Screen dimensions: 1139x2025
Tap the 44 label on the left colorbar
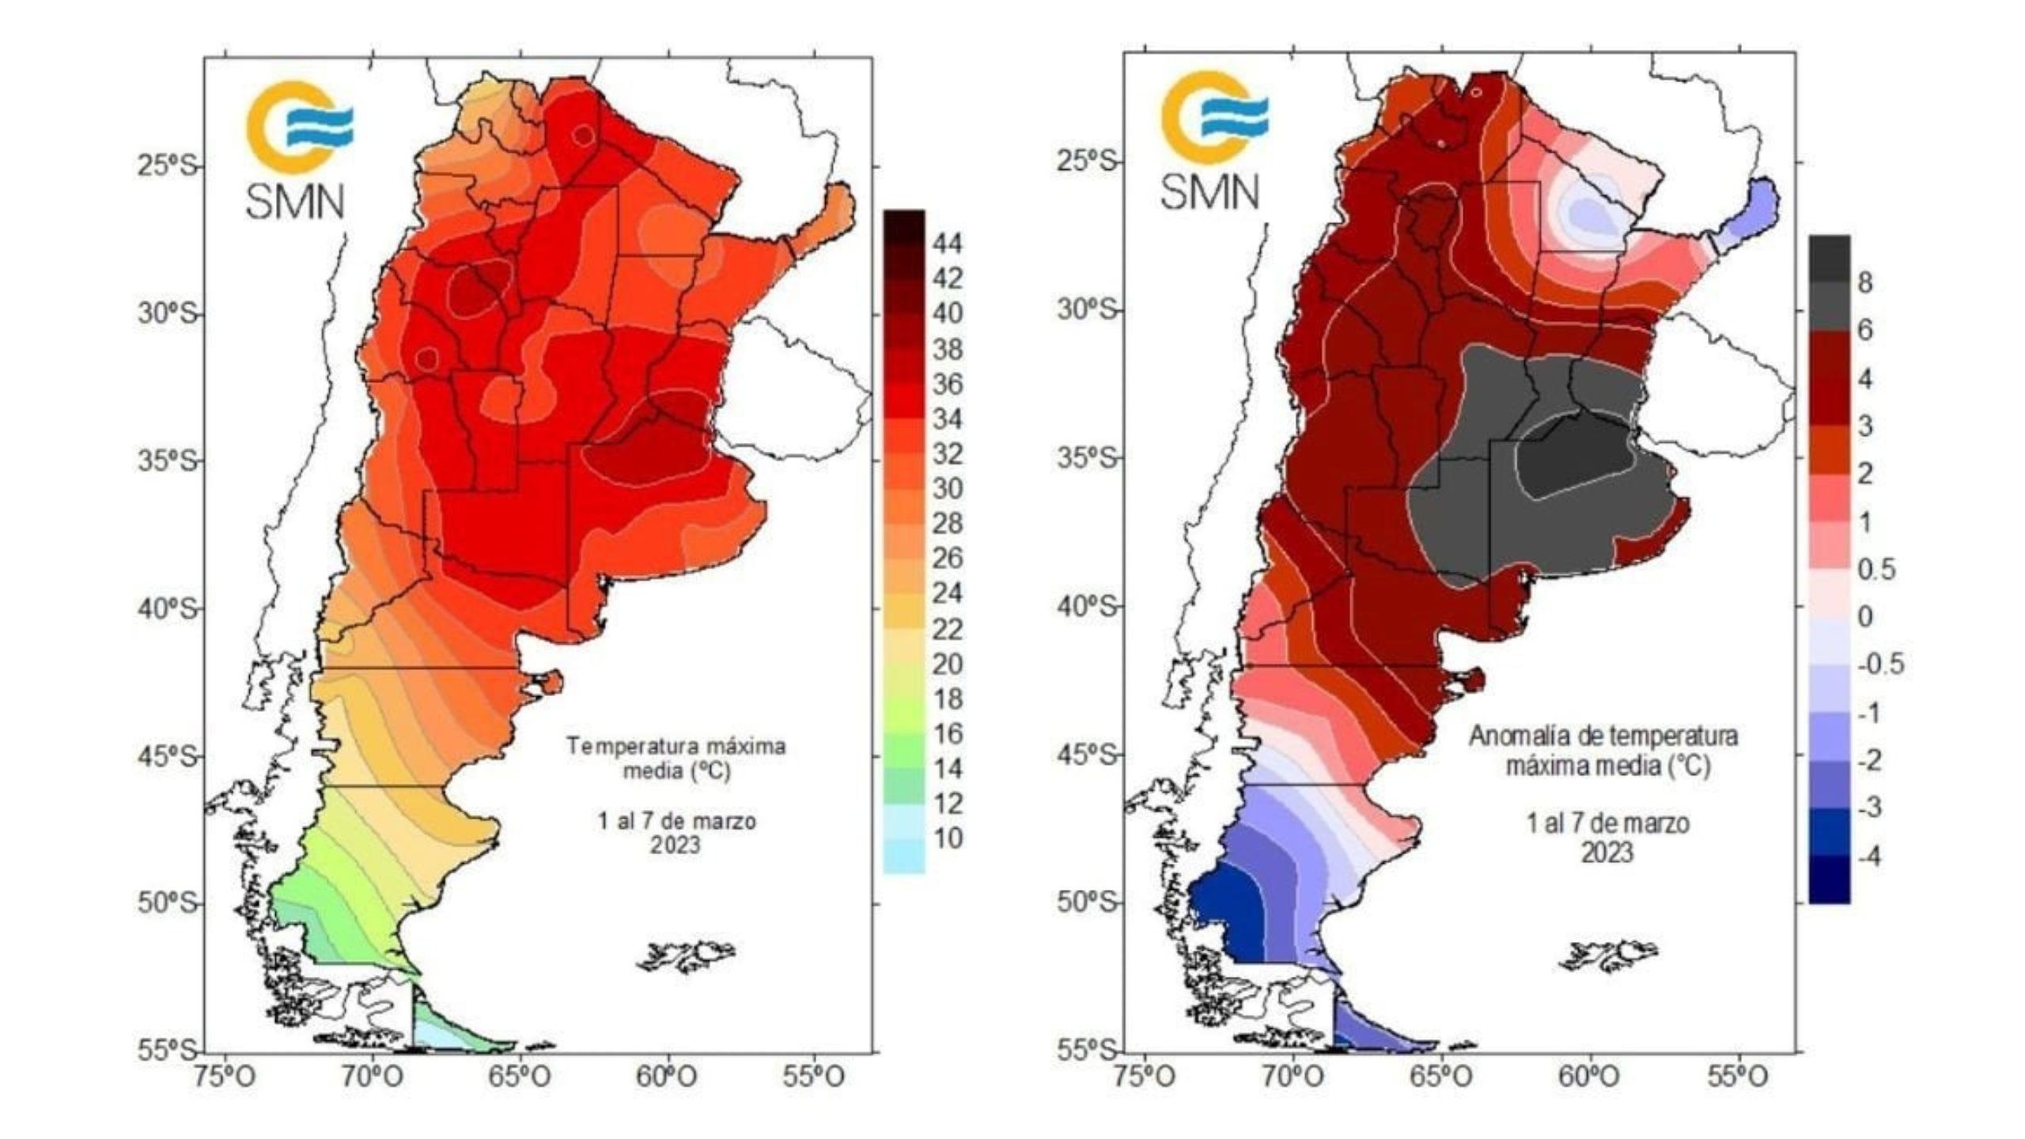(x=947, y=244)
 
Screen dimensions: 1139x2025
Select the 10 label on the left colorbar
(x=947, y=838)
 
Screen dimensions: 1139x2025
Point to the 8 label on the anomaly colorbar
(x=1864, y=282)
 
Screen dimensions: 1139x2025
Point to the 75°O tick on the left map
(x=226, y=1078)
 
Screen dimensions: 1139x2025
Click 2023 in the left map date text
(x=676, y=846)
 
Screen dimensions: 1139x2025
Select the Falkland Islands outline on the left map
(x=687, y=956)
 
